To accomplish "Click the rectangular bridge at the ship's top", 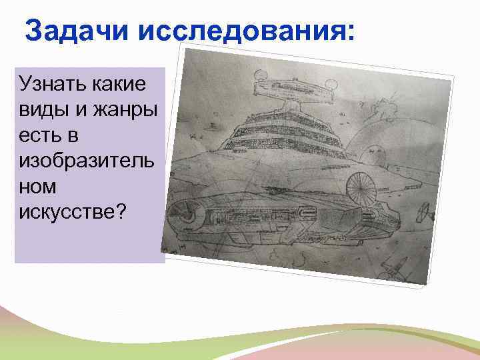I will (293, 91).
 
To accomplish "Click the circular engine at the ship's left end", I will (183, 215).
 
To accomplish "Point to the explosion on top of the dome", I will (385, 107).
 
